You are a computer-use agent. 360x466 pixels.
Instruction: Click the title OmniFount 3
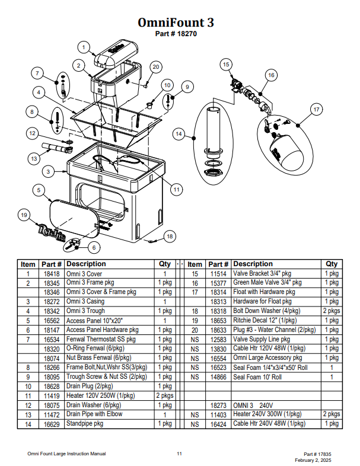176,23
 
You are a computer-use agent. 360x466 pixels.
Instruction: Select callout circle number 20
155,67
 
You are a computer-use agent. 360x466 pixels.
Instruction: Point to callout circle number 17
316,110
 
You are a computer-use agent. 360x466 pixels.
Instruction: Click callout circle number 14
179,135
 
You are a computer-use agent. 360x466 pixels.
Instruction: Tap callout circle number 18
170,237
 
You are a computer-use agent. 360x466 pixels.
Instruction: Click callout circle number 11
176,190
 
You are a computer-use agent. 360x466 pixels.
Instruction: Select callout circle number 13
34,159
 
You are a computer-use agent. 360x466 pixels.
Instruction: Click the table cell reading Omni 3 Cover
84,274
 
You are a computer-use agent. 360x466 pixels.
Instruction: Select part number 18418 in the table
50,274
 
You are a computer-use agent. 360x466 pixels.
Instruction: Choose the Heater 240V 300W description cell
261,414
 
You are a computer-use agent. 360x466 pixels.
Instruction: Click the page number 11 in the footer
179,454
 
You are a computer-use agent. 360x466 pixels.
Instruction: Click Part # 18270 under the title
176,34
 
